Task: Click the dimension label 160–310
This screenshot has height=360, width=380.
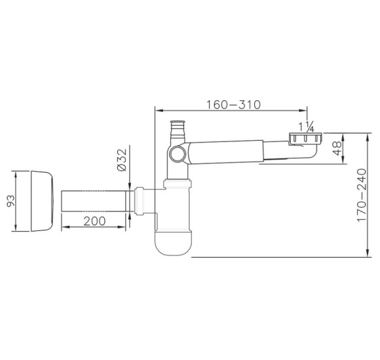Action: [233, 105]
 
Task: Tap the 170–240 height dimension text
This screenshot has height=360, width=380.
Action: [362, 195]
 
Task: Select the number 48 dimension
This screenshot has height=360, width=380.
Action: [337, 148]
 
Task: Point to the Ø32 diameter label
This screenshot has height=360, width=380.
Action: [122, 160]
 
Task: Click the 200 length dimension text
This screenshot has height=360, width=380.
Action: [95, 221]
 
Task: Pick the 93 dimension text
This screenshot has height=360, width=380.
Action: [10, 201]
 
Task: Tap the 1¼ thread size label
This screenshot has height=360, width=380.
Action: [306, 126]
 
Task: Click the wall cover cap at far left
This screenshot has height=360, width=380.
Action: [42, 201]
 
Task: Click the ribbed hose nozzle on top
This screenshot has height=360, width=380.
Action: [178, 129]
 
